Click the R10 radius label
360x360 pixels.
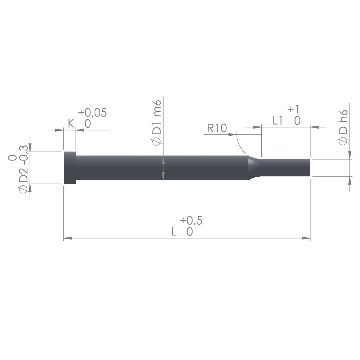click(217, 128)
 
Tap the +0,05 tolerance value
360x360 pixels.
click(92, 112)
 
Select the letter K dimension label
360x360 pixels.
click(71, 124)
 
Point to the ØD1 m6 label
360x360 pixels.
click(157, 123)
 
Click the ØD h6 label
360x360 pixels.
click(343, 127)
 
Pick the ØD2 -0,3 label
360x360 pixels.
click(23, 169)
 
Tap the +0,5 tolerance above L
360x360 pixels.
click(191, 221)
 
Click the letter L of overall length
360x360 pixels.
click(174, 232)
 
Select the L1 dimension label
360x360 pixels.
click(277, 121)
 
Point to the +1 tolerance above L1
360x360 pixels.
click(293, 109)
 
